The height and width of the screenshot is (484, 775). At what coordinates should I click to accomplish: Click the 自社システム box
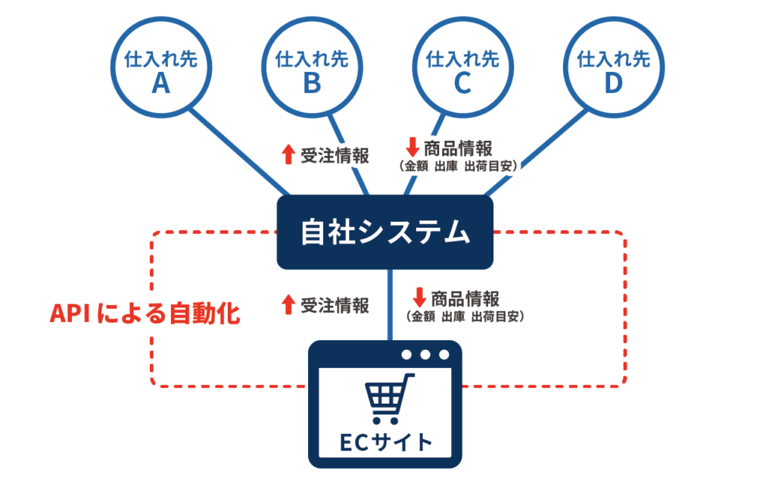click(x=384, y=232)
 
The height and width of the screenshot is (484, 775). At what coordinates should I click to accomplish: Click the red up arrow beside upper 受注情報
click(x=288, y=155)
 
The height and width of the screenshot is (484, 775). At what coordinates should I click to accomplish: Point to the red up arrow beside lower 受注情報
click(x=288, y=304)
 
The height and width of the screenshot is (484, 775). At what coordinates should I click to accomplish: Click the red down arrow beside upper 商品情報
click(x=413, y=146)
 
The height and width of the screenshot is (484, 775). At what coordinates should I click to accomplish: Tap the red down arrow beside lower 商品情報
click(x=420, y=295)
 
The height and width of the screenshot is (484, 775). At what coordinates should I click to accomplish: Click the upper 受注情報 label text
click(x=335, y=156)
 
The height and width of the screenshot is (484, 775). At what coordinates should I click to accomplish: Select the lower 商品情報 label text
click(x=465, y=297)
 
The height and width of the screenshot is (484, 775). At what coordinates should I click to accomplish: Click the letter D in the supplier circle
click(x=613, y=83)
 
